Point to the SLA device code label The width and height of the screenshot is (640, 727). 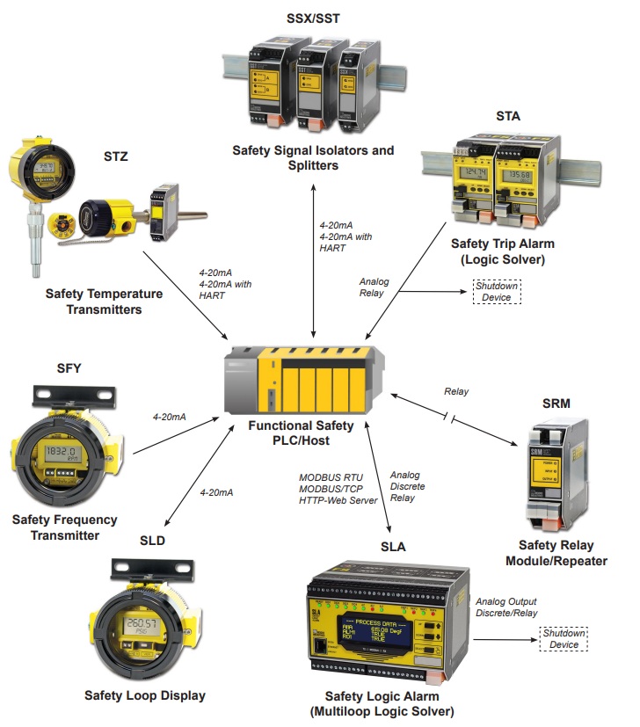393,546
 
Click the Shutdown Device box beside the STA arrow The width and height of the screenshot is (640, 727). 497,291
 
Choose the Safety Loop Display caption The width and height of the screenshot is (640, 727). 145,695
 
